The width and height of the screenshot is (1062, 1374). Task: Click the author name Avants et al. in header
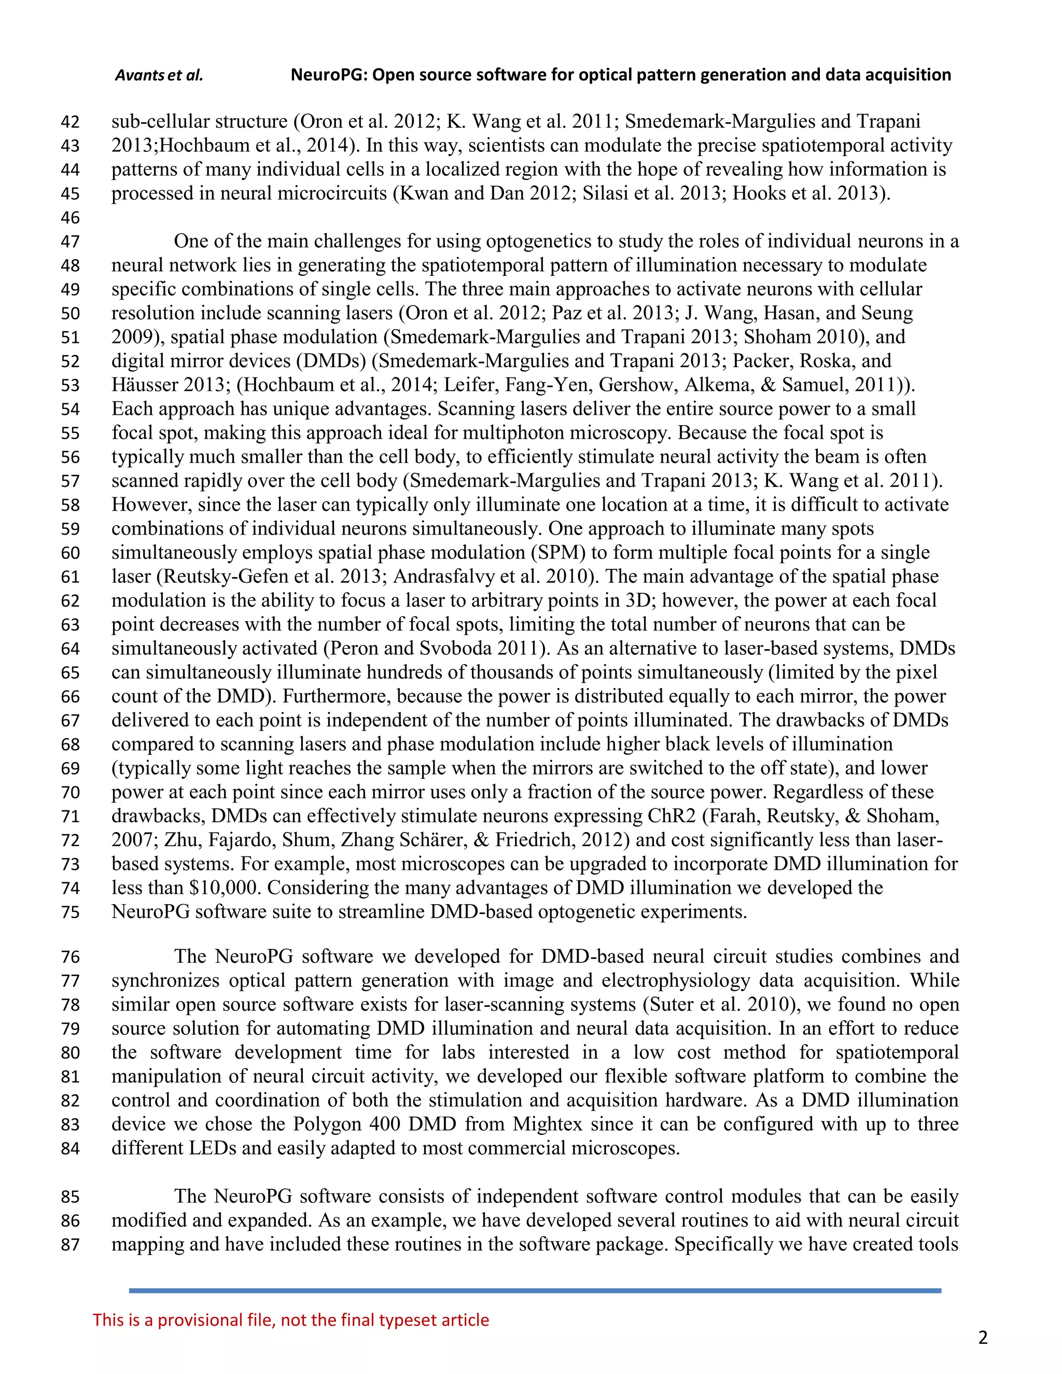click(159, 76)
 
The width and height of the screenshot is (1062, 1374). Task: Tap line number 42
click(71, 122)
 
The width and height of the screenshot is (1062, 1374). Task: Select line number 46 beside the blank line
click(71, 218)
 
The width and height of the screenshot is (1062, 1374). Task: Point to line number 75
click(71, 912)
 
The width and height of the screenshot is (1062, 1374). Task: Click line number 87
click(71, 1244)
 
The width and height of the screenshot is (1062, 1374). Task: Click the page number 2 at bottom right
click(983, 1338)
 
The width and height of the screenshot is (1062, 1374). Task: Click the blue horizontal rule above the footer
click(535, 1291)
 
